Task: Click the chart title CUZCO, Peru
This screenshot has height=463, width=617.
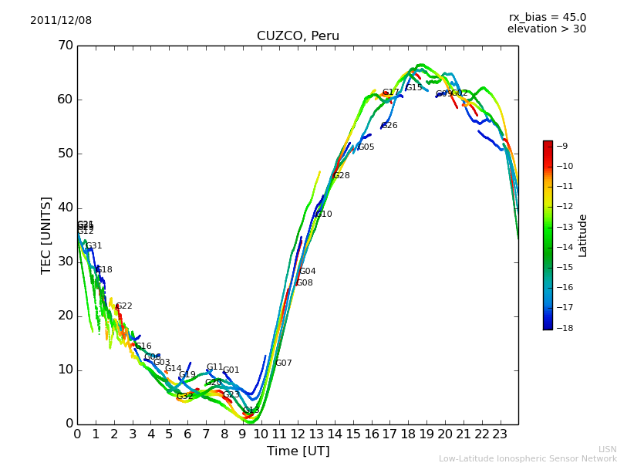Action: click(x=298, y=36)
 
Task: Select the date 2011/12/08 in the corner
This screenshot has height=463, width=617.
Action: click(x=61, y=21)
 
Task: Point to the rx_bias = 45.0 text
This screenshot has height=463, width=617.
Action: click(x=547, y=17)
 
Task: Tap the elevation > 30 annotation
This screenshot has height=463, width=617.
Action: click(x=546, y=29)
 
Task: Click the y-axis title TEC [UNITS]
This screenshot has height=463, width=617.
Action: click(x=46, y=235)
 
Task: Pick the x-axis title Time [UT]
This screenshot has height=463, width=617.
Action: click(x=298, y=451)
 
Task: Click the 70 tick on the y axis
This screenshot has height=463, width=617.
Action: click(x=65, y=46)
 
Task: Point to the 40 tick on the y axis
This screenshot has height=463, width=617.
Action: click(x=65, y=208)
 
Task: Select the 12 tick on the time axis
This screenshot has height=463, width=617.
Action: click(x=298, y=434)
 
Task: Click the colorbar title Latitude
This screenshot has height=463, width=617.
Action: click(x=583, y=235)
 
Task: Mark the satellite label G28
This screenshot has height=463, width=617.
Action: click(x=341, y=176)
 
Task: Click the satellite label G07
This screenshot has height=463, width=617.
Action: click(x=284, y=363)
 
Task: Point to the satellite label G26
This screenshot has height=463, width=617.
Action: click(x=389, y=126)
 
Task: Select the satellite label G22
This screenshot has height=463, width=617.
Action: click(x=124, y=306)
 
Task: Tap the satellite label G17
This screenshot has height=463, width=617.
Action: click(x=391, y=93)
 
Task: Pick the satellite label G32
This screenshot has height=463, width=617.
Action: click(x=185, y=397)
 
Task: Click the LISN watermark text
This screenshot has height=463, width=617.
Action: click(x=607, y=449)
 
